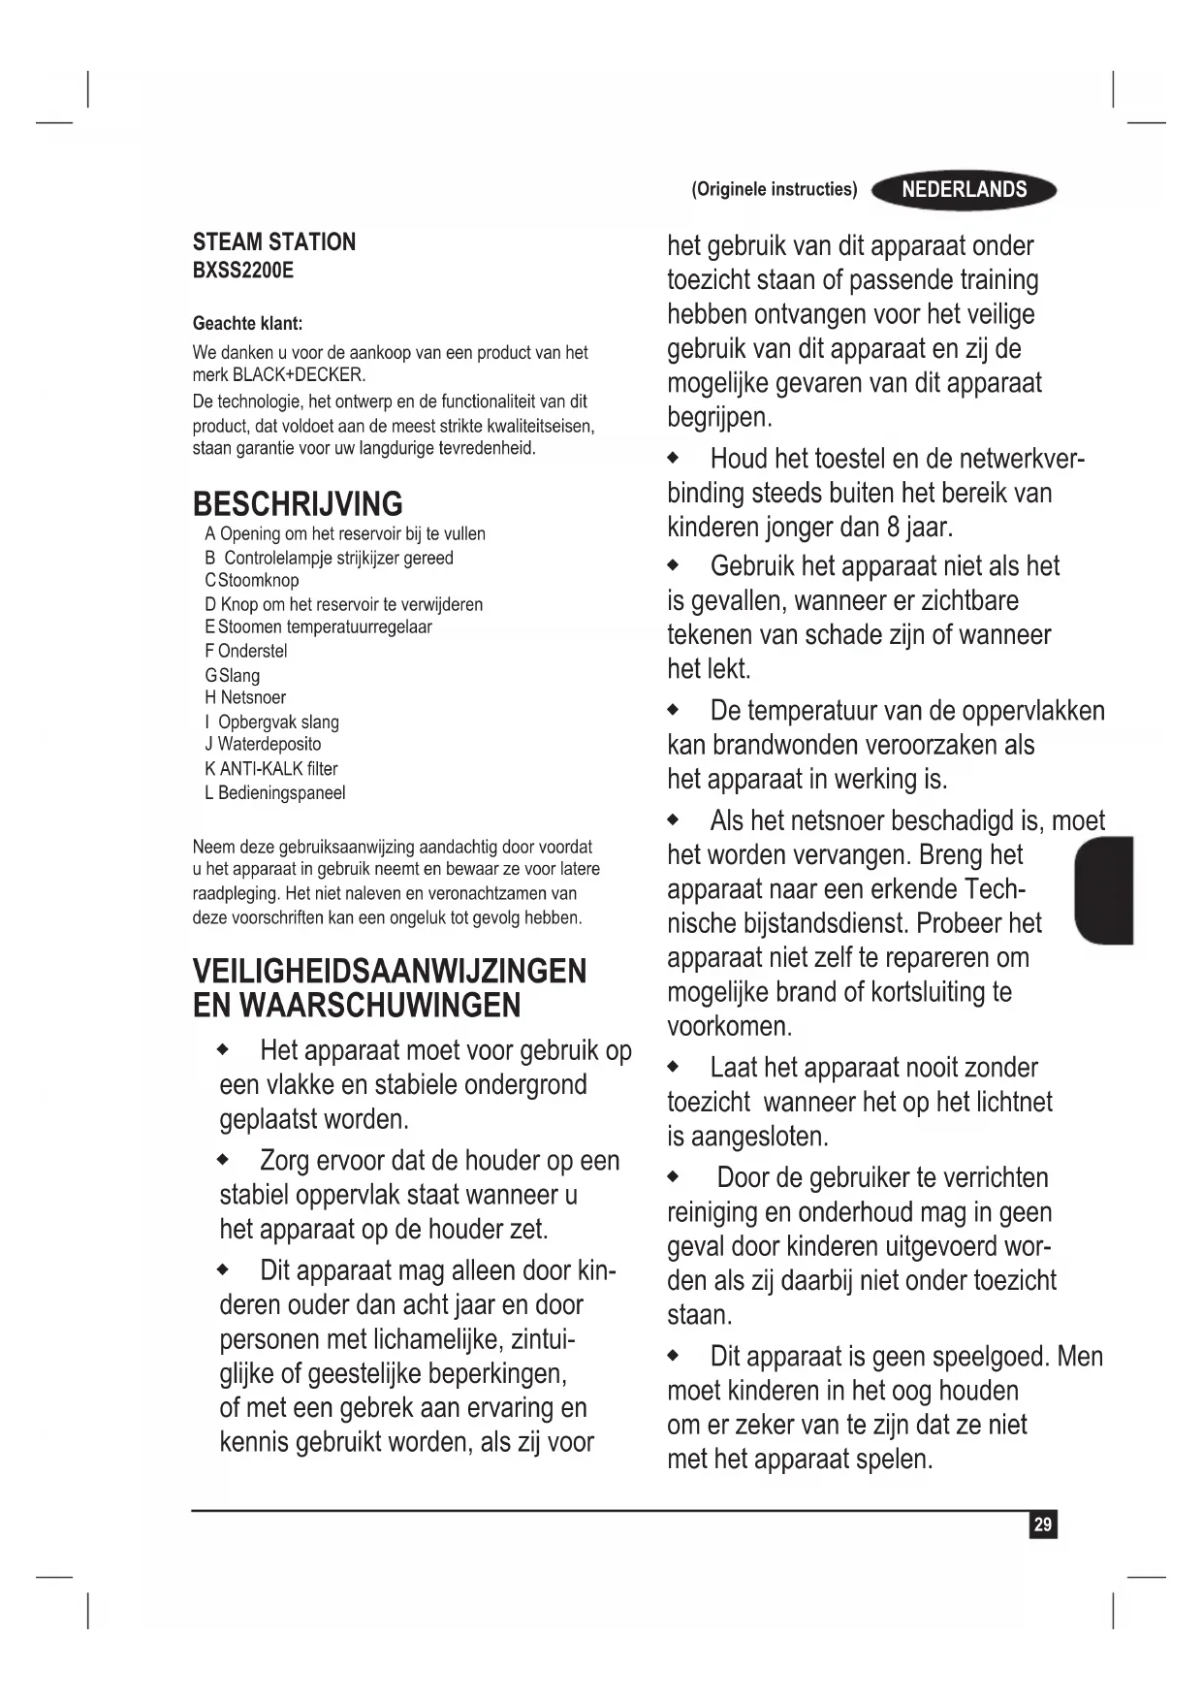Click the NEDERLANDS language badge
coord(964,190)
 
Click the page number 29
coord(1042,1524)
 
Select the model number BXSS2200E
coord(242,271)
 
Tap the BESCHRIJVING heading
coord(298,504)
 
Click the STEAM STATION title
coord(274,242)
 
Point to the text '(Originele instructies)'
coord(774,190)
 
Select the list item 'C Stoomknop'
coord(252,581)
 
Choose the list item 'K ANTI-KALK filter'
coord(271,769)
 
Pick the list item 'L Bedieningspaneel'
coord(275,793)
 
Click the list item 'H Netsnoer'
coord(245,698)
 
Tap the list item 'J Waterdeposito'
coord(263,745)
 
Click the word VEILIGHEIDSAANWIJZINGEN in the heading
coord(390,972)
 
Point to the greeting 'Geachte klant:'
coord(247,324)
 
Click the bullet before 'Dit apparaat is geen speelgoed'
coord(674,1355)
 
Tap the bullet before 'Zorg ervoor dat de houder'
coord(223,1159)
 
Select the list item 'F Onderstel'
coord(246,652)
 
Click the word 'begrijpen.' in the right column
coord(719,418)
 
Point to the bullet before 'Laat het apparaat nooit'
coord(674,1067)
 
